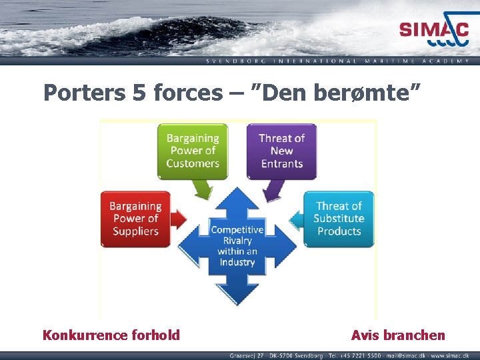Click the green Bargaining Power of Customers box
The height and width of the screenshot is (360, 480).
click(192, 151)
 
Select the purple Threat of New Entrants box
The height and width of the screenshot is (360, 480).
click(281, 151)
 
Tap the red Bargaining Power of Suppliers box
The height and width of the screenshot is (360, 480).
click(135, 219)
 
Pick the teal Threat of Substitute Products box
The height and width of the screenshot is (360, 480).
click(339, 219)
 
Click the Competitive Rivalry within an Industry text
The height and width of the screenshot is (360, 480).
click(237, 245)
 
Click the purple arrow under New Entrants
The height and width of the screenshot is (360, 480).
click(272, 191)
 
